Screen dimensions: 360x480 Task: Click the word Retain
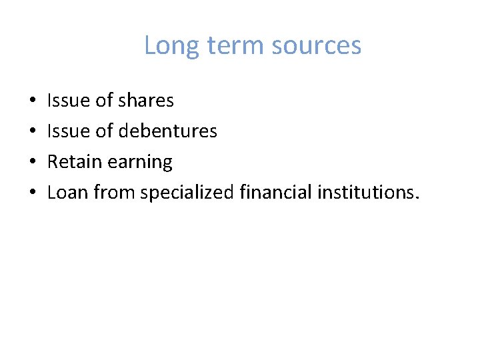click(71, 162)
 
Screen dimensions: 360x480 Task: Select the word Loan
click(67, 193)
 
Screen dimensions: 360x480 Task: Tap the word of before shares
click(104, 101)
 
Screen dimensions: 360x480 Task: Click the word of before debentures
click(104, 131)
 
